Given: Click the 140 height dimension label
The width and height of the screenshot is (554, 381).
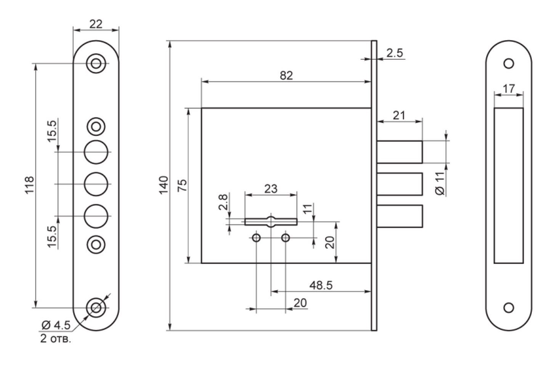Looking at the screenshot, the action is [164, 185].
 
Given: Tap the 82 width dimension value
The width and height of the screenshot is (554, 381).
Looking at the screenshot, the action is [286, 75].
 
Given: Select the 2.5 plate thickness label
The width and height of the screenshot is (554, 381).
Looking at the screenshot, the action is [395, 53].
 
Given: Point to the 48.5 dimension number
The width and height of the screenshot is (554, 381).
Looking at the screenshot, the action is [321, 285].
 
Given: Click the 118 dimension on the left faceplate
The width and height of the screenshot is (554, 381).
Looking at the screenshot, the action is [29, 185].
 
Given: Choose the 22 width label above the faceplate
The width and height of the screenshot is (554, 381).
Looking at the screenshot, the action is [96, 24].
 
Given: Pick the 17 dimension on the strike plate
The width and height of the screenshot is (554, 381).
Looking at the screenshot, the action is [509, 89].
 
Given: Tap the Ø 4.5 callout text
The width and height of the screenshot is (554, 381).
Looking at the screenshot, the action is [56, 325].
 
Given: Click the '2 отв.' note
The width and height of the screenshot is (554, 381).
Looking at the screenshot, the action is [56, 339].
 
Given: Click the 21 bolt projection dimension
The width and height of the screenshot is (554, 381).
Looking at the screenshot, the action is [399, 116].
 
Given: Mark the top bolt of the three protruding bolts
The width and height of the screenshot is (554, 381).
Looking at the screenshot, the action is [400, 152].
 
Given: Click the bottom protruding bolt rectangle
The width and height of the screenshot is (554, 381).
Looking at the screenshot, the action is [400, 216].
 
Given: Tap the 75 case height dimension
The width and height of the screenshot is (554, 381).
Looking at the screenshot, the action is [182, 185].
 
